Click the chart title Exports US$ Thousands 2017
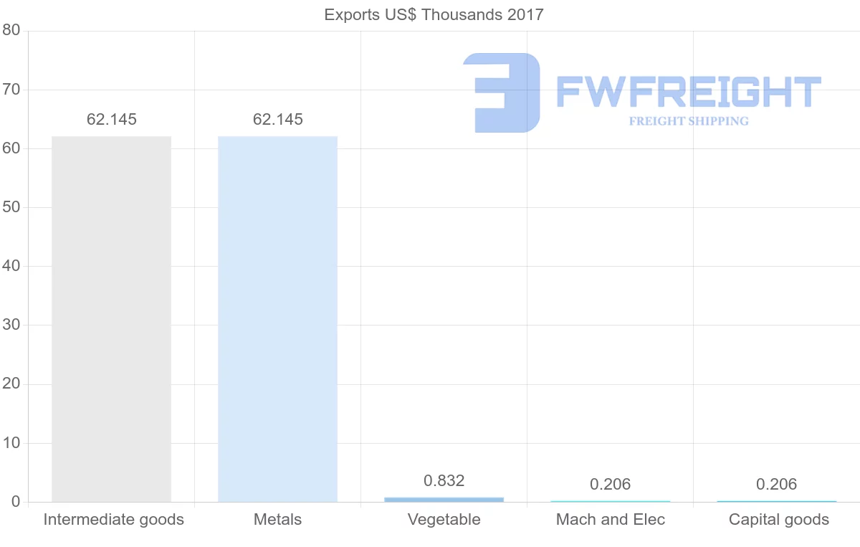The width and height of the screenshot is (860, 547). click(434, 14)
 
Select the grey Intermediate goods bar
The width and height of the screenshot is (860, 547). click(112, 319)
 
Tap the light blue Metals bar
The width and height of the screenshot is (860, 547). click(277, 319)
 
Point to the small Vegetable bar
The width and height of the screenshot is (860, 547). click(444, 499)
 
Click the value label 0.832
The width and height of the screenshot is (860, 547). click(444, 480)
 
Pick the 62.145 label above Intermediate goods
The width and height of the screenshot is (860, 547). click(112, 120)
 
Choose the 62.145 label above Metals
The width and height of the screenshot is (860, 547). click(278, 120)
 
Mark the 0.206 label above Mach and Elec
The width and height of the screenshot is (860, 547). click(611, 485)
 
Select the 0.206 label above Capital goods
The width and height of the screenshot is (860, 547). click(776, 485)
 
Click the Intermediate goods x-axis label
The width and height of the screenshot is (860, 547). click(114, 520)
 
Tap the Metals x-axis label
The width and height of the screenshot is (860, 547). click(278, 520)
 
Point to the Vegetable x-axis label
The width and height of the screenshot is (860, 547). click(444, 520)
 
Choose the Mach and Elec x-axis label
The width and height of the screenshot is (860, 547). click(611, 520)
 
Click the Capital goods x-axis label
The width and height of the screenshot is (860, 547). click(779, 520)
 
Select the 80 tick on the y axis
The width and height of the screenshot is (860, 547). click(11, 30)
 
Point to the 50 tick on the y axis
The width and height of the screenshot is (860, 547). click(11, 207)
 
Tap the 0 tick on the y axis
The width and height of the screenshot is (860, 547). click(15, 502)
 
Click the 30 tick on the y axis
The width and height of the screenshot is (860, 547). click(11, 325)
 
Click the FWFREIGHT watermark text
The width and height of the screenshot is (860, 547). click(688, 92)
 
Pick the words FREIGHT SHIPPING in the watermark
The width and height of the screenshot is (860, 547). click(689, 121)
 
